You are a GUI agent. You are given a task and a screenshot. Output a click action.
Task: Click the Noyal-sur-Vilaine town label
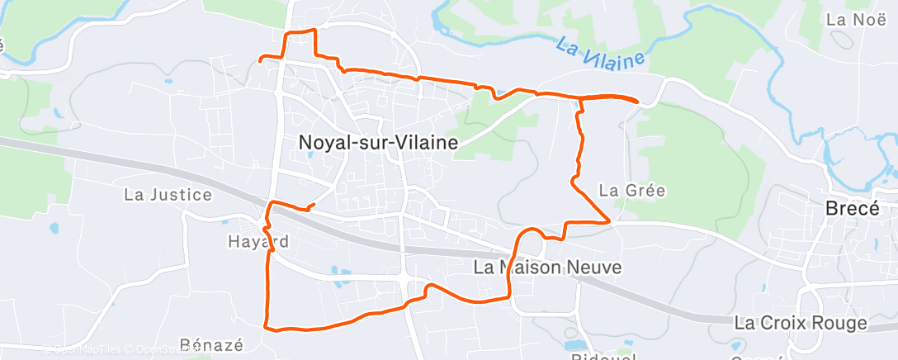tap(376, 143)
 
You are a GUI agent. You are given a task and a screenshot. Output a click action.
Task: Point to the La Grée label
tap(632, 190)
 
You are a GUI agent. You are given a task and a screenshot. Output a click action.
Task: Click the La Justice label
tap(168, 196)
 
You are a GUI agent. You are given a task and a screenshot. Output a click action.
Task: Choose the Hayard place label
tap(258, 242)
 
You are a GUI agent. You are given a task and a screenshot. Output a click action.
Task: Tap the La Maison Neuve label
tap(547, 268)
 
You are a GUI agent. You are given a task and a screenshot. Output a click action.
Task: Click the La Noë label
tap(850, 17)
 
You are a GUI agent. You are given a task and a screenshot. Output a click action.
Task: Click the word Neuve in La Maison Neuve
tap(594, 268)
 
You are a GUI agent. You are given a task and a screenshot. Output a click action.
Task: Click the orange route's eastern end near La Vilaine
tap(637, 101)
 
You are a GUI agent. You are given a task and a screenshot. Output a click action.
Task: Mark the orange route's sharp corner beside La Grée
tap(609, 221)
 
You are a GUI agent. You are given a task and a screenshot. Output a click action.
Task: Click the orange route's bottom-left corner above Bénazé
tap(266, 327)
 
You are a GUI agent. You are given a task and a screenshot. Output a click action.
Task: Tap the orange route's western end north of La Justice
tap(261, 59)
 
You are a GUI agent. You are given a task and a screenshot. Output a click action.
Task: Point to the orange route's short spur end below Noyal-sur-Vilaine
tap(314, 203)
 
